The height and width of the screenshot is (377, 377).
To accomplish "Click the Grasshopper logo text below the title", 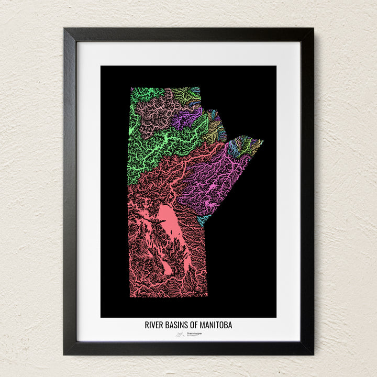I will click(x=194, y=334).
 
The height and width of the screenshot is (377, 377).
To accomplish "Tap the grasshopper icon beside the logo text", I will click(x=180, y=334).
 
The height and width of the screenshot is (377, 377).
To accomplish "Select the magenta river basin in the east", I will click(x=220, y=178).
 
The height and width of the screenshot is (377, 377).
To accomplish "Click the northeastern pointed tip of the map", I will click(x=262, y=140).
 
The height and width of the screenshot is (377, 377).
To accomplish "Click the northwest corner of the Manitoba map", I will click(x=131, y=88).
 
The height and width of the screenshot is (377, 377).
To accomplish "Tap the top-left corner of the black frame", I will click(x=64, y=29).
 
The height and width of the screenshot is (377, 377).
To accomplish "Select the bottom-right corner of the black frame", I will click(x=313, y=354).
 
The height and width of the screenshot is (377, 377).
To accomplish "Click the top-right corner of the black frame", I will click(x=313, y=29).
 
